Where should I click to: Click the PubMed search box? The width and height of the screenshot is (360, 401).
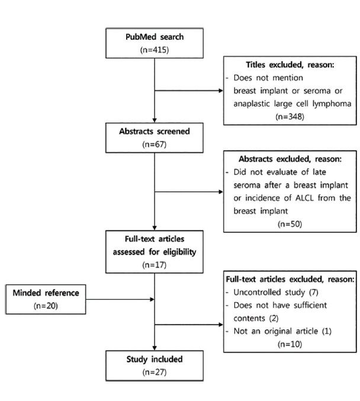(x=154, y=43)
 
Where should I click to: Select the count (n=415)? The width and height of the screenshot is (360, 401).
(x=154, y=49)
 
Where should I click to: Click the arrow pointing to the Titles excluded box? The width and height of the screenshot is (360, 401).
(x=189, y=91)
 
